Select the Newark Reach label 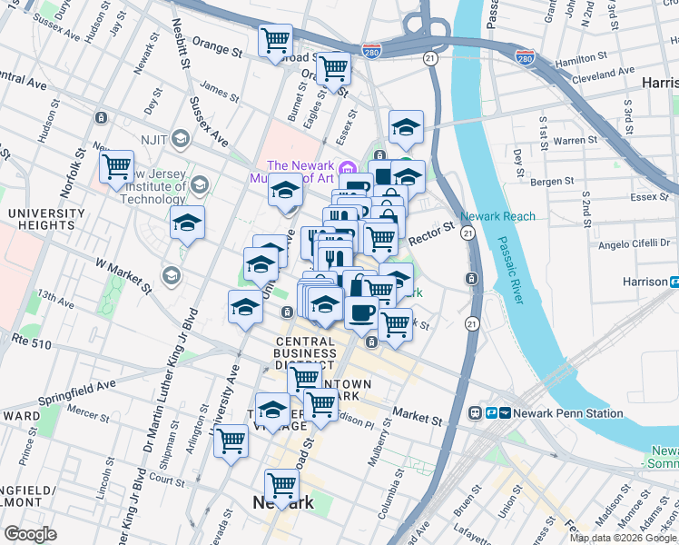click(x=497, y=216)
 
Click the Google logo click(x=30, y=533)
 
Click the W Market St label click(x=123, y=275)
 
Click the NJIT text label click(x=149, y=139)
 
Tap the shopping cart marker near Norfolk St click(x=117, y=167)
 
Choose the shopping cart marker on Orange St click(x=274, y=40)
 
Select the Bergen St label click(x=553, y=183)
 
